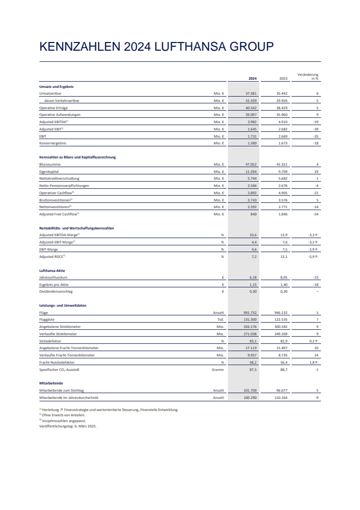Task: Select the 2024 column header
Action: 252,78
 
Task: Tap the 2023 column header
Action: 284,78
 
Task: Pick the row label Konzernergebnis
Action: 53,143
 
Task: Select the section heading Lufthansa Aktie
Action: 52,270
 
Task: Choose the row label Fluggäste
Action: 47,320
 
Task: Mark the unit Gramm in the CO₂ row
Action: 218,369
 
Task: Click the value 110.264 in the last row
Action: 281,398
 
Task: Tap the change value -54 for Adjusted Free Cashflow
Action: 316,214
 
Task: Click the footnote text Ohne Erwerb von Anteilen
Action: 63,415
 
